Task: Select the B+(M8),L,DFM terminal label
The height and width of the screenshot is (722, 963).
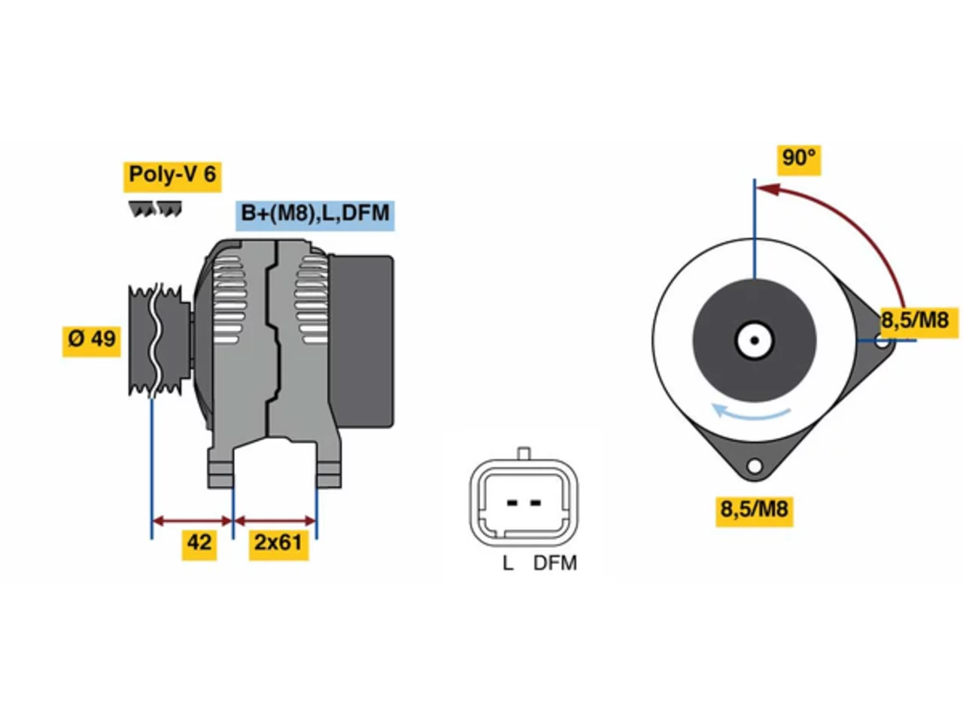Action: click(x=314, y=215)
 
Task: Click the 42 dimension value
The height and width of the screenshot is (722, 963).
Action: click(x=199, y=544)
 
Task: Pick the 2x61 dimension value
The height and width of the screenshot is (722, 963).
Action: click(x=278, y=544)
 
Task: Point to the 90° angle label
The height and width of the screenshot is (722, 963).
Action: click(x=799, y=159)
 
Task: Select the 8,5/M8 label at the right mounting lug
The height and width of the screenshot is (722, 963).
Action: click(x=919, y=322)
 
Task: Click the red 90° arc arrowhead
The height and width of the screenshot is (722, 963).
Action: click(x=769, y=190)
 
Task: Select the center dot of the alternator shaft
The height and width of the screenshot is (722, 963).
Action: click(x=755, y=340)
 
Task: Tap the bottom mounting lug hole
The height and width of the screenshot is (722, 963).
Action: click(x=755, y=466)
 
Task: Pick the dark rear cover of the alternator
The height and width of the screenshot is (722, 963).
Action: click(x=362, y=341)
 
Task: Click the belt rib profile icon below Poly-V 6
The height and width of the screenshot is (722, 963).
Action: click(x=155, y=208)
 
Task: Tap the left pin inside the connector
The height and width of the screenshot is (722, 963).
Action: click(x=511, y=503)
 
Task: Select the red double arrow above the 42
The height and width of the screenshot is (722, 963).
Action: click(x=192, y=521)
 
